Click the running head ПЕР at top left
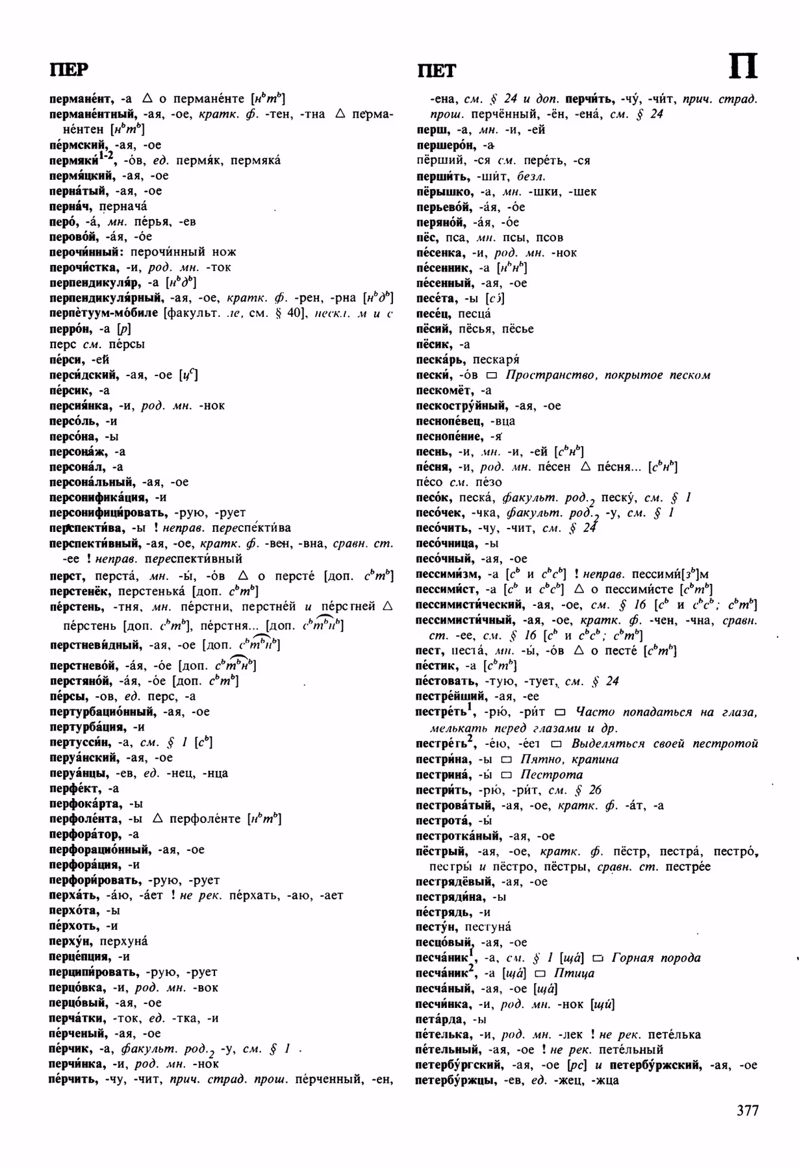pos(69,69)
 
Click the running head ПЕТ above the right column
pos(437,70)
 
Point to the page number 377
pos(748,1110)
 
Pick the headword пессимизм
pos(448,574)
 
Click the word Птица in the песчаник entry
pos(574,973)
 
